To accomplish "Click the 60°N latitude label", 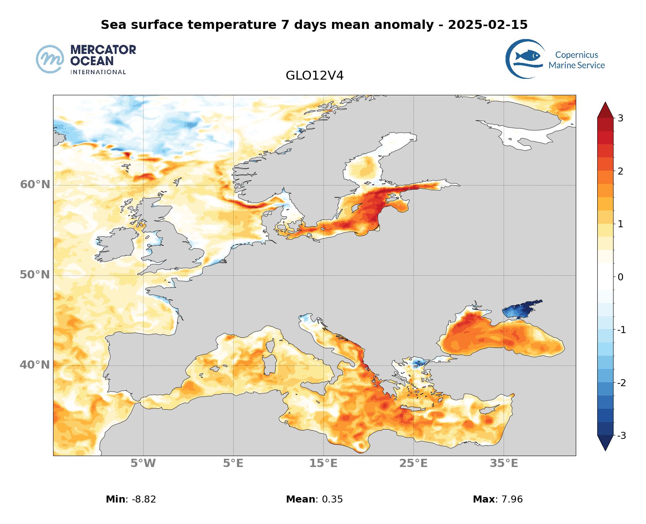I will (35, 184).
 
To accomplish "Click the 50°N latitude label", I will (35, 275).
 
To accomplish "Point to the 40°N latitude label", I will (35, 365).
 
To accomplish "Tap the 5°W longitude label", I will (143, 463).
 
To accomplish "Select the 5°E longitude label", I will (233, 463).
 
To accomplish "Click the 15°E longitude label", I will (323, 463).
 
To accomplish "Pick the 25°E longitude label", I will (414, 463).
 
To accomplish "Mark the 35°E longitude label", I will (504, 463).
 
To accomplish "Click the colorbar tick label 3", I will (620, 118).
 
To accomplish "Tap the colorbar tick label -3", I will (621, 435).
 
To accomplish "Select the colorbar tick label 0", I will (621, 277).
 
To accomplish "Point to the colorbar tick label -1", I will (621, 330).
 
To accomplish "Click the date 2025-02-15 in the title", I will (488, 25).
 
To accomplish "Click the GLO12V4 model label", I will (314, 75).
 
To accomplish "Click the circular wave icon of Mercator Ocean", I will (50, 59).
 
